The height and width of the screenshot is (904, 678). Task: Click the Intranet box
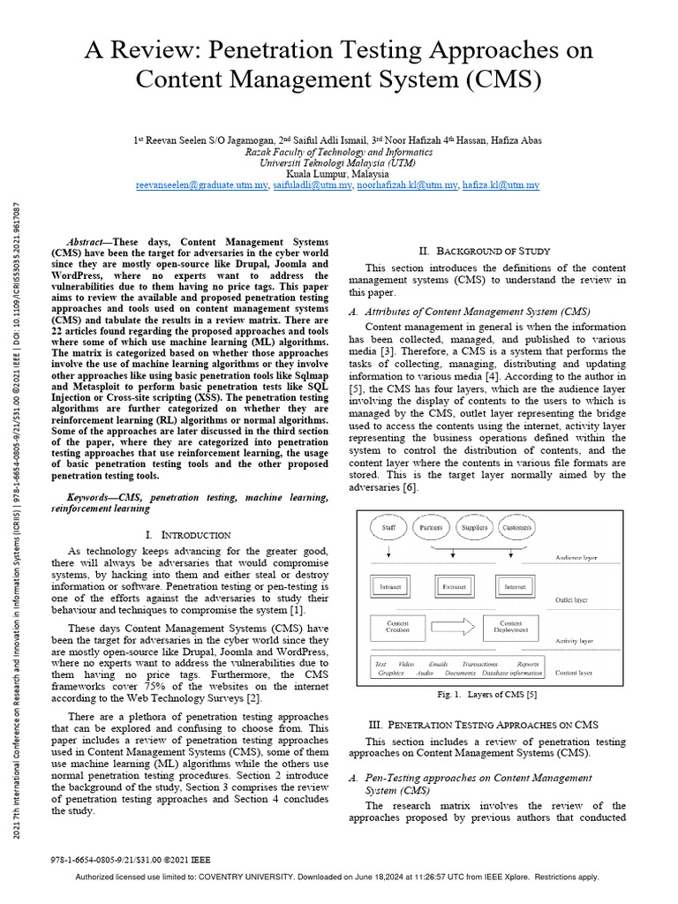point(390,585)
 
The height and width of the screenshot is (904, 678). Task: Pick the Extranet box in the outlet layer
point(453,585)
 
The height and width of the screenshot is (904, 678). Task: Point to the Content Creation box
point(397,628)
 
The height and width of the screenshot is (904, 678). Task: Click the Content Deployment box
point(511,628)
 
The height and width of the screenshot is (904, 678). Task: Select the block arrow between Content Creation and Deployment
point(454,628)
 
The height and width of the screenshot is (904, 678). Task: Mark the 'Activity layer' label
point(574,641)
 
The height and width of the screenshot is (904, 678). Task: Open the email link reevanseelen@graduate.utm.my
point(202,186)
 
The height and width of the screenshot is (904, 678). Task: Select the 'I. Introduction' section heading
point(188,534)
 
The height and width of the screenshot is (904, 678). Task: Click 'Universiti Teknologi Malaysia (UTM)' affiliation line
point(338,163)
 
